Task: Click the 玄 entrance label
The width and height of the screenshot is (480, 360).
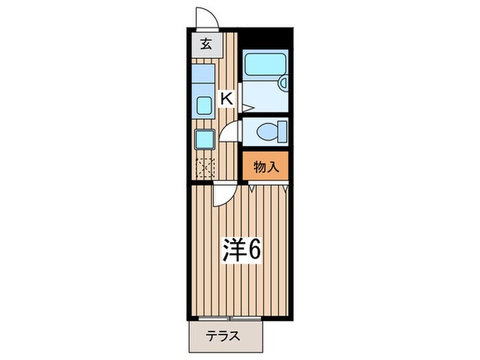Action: [x=205, y=46]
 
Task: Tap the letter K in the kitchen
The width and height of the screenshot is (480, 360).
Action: [x=226, y=99]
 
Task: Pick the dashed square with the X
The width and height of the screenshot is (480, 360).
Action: [x=205, y=167]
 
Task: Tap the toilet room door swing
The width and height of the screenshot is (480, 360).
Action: [x=232, y=130]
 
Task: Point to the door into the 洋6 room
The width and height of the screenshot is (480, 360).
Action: [x=223, y=195]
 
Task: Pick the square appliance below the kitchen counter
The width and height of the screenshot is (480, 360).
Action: [x=205, y=139]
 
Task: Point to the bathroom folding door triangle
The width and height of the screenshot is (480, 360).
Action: [x=248, y=106]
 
